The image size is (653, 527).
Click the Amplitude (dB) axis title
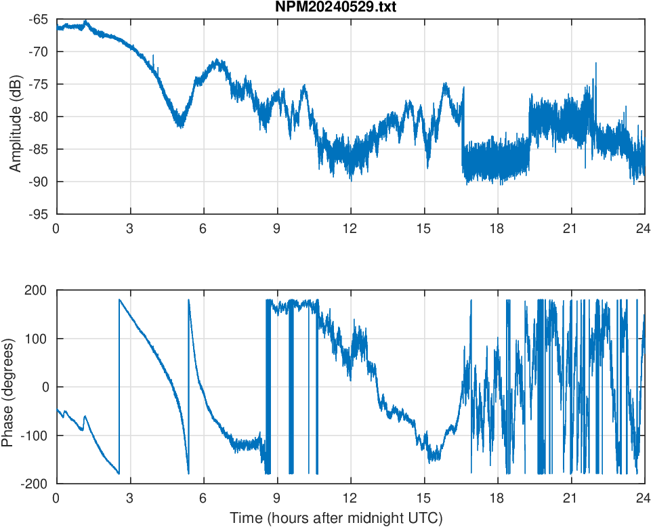coord(15,117)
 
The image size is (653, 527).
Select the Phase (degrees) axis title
coord(8,387)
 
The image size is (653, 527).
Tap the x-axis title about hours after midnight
coord(336,518)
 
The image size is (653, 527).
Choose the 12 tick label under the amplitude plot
coord(350,228)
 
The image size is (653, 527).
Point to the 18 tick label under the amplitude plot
coord(497,228)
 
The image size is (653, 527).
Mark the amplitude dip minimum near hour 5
coord(180,125)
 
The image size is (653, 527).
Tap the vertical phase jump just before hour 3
coord(119,386)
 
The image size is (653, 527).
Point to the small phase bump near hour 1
coord(85,417)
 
